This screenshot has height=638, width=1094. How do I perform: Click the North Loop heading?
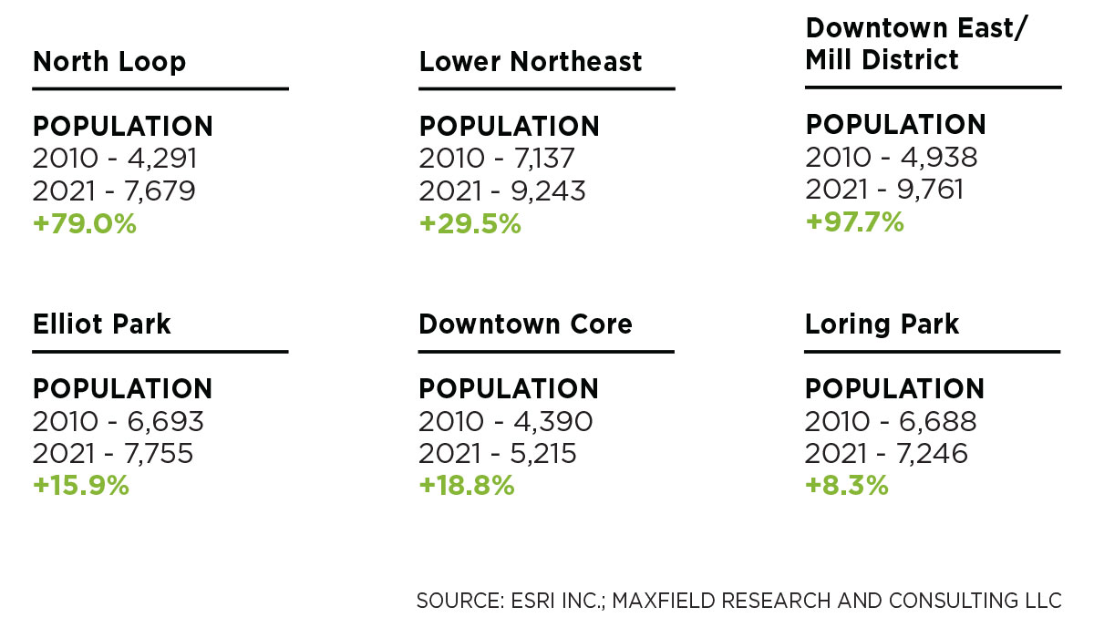point(109,62)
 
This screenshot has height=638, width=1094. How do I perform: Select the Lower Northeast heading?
point(531,62)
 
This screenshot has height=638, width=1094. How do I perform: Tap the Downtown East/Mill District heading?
point(915,44)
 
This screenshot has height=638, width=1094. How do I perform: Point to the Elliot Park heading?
point(102,324)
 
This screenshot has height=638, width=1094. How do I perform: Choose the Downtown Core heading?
point(525,324)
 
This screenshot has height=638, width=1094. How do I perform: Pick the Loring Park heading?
point(882,324)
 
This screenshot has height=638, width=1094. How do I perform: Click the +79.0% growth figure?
point(85,223)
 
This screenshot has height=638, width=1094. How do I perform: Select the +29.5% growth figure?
point(470,223)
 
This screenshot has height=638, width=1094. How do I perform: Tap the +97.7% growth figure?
point(854,221)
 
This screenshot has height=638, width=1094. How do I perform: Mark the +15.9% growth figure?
point(81,486)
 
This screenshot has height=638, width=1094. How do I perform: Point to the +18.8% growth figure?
point(467,486)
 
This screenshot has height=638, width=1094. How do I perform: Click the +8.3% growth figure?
point(846,486)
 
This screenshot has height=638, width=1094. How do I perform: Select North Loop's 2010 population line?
point(115,159)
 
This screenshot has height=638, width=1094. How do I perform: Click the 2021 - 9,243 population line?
point(502,190)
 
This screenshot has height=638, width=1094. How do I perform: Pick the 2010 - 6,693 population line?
point(118,421)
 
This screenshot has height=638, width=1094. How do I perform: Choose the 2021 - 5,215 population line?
point(498,453)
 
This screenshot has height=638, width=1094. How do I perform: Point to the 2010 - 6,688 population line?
point(891,421)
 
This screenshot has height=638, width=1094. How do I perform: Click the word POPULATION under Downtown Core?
point(509,389)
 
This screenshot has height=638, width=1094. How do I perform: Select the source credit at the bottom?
point(738,602)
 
